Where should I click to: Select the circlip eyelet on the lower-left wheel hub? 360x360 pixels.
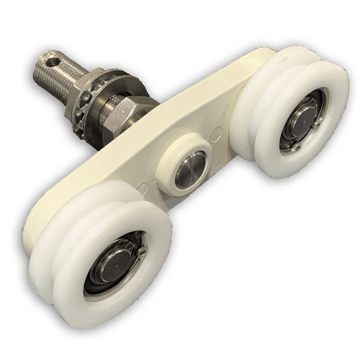coord(142,251)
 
